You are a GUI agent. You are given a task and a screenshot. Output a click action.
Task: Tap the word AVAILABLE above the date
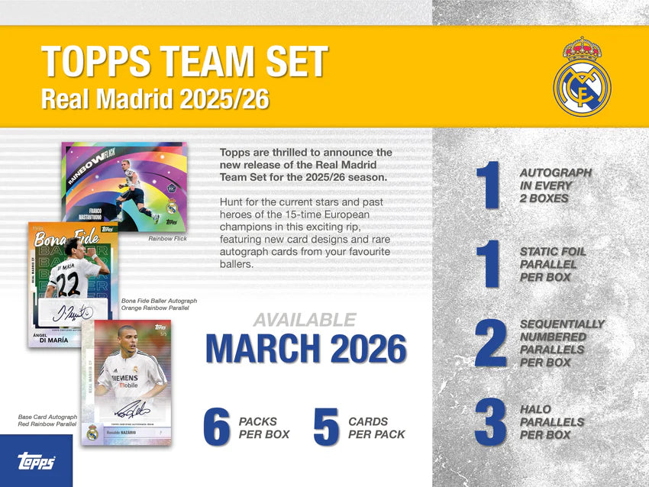coord(304,320)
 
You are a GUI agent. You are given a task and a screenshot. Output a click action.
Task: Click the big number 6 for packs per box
coord(217,428)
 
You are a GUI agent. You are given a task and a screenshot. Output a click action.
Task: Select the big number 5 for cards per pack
coord(326,428)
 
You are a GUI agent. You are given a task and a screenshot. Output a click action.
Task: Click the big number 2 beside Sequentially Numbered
coord(491,343)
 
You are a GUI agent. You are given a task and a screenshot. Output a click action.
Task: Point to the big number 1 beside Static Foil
coord(488,264)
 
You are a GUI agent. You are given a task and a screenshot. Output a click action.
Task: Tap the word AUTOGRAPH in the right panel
coord(555,173)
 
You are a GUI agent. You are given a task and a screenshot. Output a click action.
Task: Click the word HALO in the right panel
coord(535,409)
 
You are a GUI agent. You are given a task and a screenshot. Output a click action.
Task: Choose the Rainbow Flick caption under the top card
coord(169,239)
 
